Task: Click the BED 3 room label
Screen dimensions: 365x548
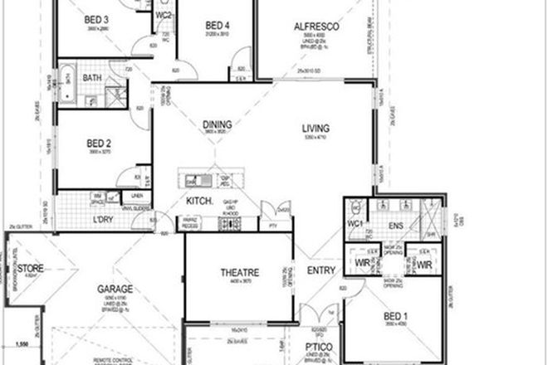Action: (x=97, y=19)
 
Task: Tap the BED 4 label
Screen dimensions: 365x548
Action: (x=217, y=26)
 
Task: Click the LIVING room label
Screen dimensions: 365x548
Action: (x=316, y=129)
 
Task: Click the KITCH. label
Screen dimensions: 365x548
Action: (x=197, y=202)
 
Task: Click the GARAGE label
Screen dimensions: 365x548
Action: (x=115, y=290)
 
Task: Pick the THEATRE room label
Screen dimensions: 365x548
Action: (x=239, y=272)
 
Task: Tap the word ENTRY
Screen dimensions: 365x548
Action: (x=320, y=271)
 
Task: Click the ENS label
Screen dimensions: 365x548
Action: (x=394, y=225)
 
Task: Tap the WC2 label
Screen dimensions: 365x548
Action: (x=164, y=16)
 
